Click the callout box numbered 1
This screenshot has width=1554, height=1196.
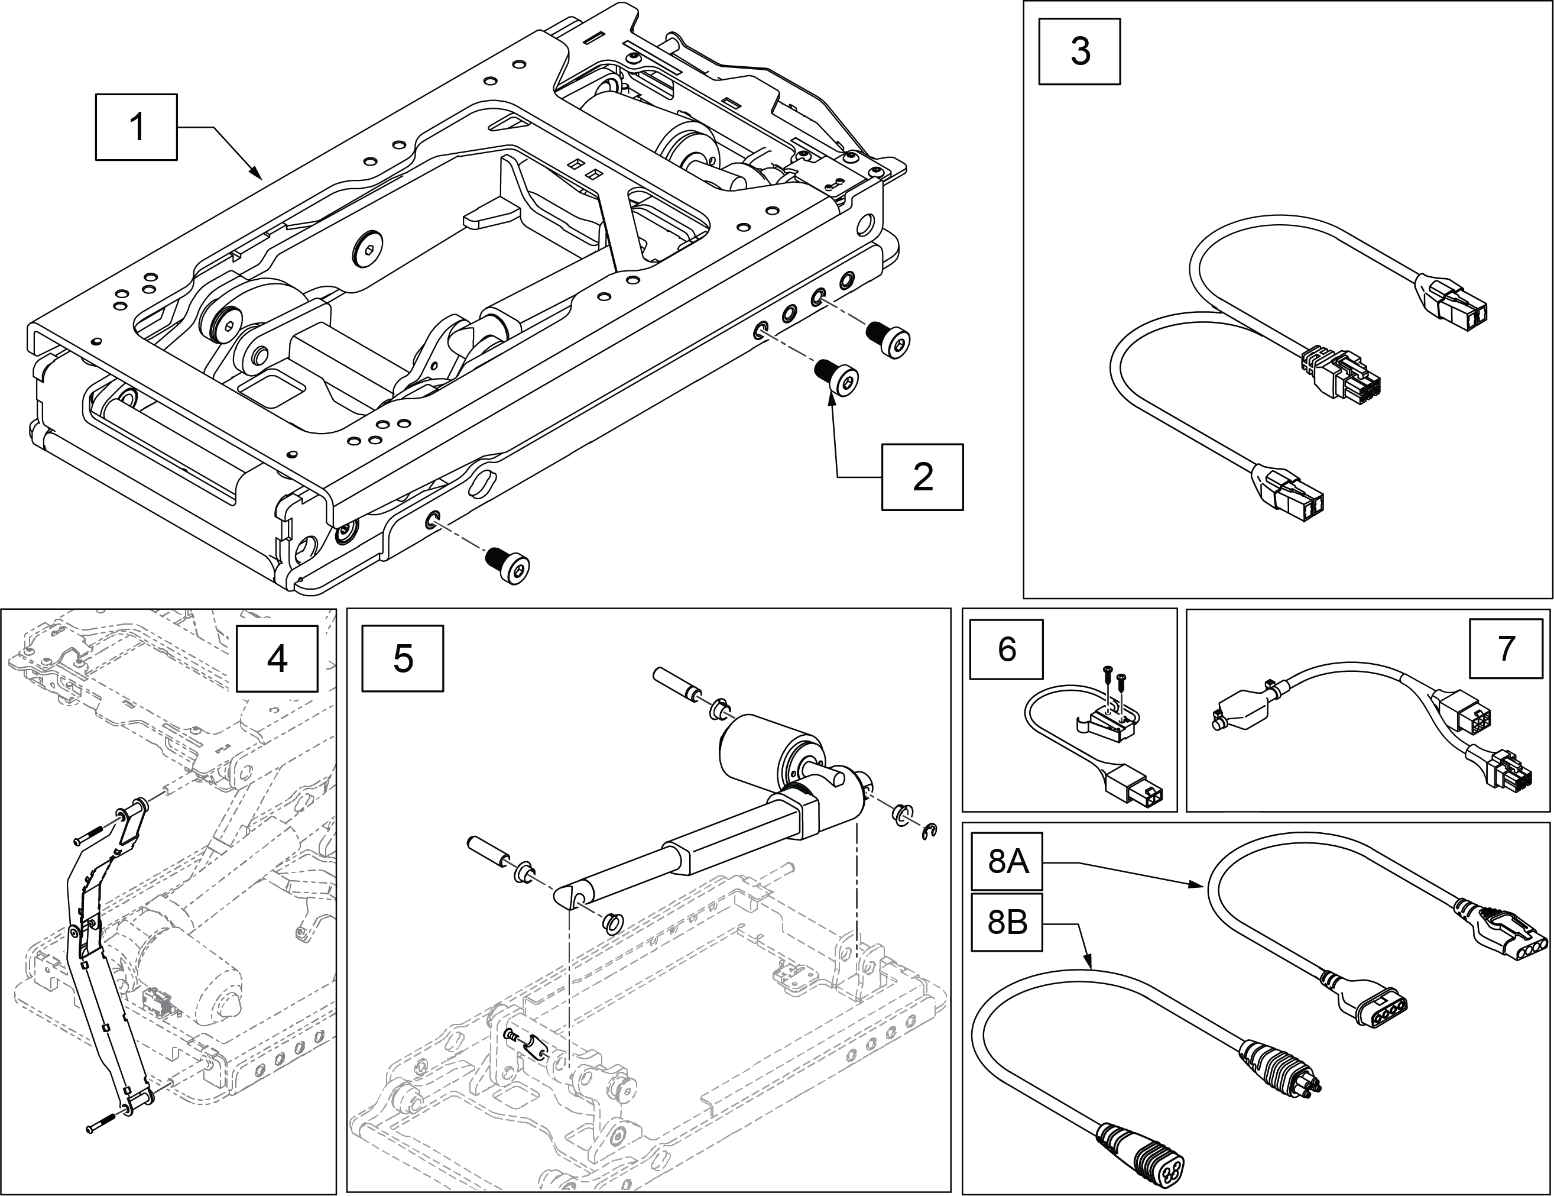[136, 127]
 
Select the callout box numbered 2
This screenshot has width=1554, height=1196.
[922, 477]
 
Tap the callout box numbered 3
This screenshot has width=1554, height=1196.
[1079, 52]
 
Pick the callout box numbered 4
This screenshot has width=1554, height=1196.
[277, 658]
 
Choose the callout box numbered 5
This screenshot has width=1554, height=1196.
[402, 658]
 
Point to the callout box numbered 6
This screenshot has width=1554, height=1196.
[1007, 649]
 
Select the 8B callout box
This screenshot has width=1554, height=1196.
[1008, 923]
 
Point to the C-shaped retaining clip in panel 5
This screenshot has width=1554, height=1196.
[929, 829]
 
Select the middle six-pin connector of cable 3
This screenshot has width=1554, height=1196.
[1341, 377]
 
